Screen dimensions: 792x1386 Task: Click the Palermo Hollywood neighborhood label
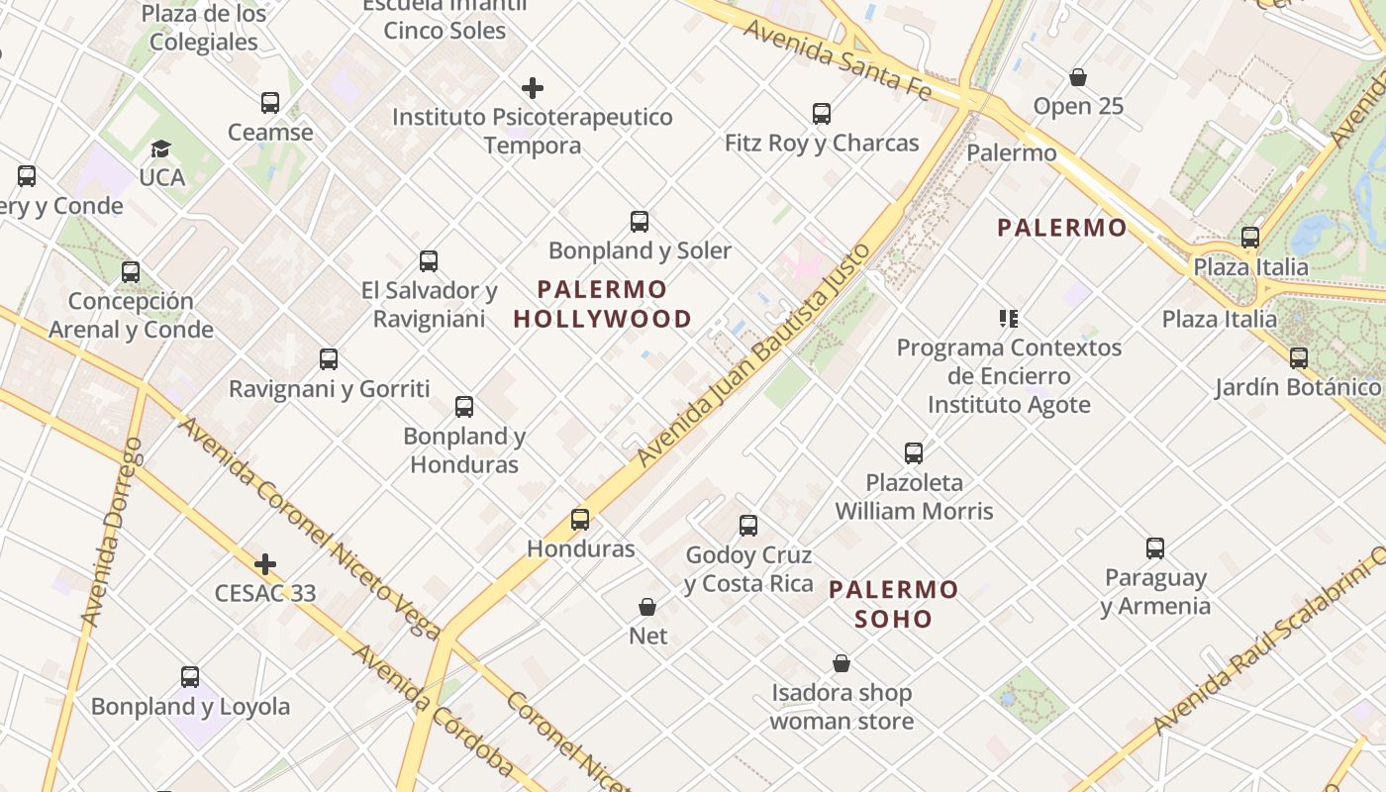[602, 304]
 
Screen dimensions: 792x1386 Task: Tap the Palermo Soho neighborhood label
[894, 604]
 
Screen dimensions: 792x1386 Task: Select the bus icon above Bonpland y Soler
[640, 222]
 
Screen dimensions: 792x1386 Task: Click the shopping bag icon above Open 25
[1078, 77]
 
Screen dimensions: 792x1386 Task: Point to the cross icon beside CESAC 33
[264, 565]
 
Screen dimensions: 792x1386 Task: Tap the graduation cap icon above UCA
[160, 149]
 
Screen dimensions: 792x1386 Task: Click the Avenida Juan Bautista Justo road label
[754, 354]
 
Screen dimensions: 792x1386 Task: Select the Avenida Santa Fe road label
[837, 58]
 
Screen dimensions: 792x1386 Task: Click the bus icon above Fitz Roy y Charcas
[822, 114]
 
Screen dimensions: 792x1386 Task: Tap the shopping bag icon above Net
[647, 607]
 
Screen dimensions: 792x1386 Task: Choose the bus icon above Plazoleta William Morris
[914, 453]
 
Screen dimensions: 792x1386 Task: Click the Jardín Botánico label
[1298, 387]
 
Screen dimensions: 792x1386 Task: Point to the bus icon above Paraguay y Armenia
[1155, 548]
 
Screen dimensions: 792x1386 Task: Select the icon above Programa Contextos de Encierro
[1009, 319]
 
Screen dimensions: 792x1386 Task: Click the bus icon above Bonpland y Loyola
[190, 677]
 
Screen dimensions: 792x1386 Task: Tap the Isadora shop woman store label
[841, 707]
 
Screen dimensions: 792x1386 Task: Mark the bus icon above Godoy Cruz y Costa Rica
[748, 526]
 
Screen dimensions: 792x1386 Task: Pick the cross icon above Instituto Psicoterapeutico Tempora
[533, 89]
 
